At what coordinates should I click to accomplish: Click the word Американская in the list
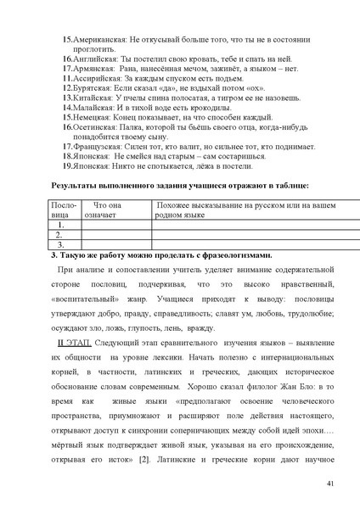point(99,40)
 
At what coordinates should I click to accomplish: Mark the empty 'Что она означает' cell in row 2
point(115,235)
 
